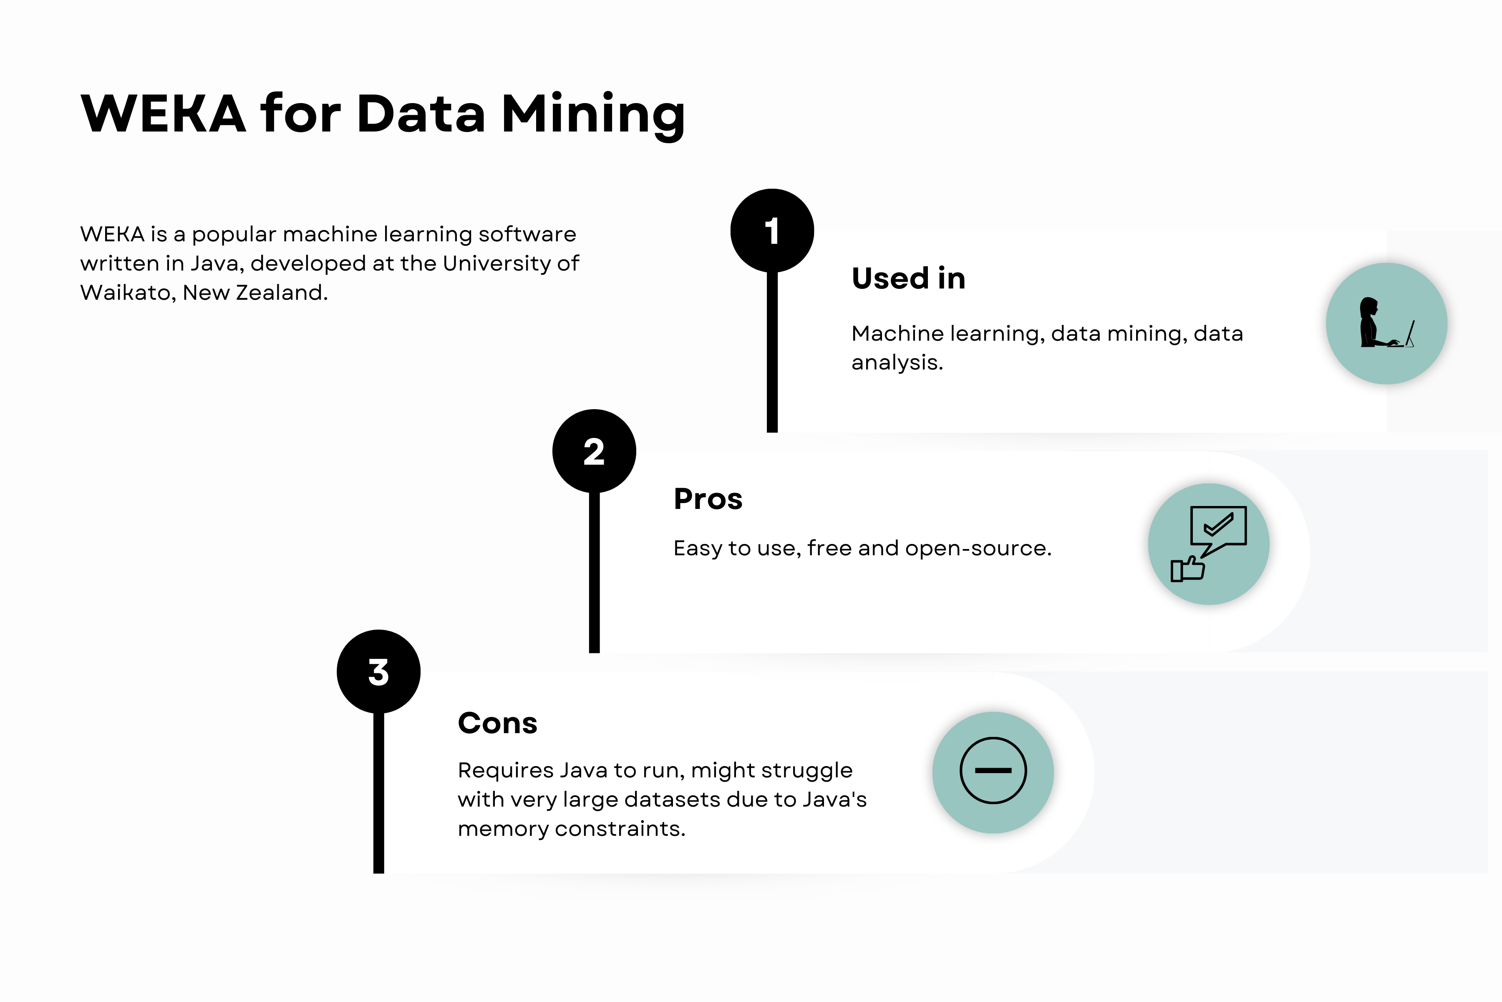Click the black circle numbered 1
[x=772, y=231]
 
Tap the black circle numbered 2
[x=594, y=451]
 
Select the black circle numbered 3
[x=379, y=672]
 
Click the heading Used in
[x=908, y=278]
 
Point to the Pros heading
[x=708, y=499]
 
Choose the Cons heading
[x=497, y=724]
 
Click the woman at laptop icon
[x=1386, y=323]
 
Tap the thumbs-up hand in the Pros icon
[x=1187, y=569]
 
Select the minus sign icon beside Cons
[x=993, y=771]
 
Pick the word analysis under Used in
[x=897, y=362]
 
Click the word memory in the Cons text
[x=503, y=829]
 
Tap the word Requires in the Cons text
[x=505, y=771]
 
